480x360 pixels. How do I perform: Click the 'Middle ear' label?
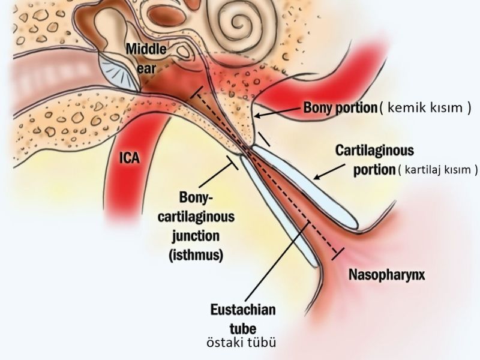(146, 57)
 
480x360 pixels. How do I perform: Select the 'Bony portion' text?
(340, 107)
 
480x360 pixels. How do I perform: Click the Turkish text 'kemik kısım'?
(426, 108)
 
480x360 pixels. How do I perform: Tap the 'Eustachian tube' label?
(242, 319)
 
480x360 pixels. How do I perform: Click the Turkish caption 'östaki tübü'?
(241, 343)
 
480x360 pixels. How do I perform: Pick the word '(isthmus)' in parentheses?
(196, 254)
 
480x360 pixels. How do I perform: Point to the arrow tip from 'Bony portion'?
(255, 115)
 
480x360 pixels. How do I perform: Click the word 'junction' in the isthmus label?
(196, 236)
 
